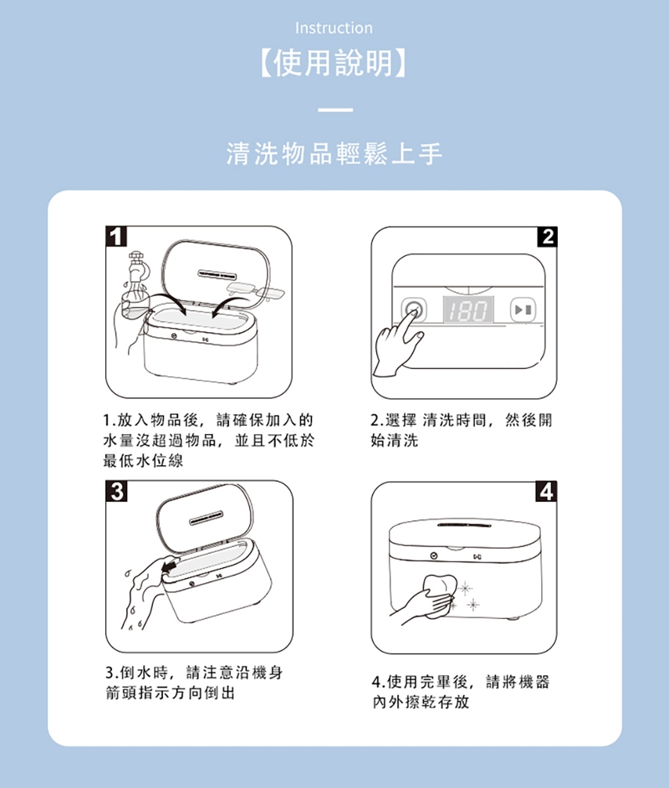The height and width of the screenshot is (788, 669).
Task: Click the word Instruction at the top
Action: (x=334, y=28)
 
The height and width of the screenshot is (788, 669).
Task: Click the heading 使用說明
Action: (x=334, y=64)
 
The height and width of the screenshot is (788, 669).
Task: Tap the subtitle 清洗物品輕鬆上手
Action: (x=334, y=154)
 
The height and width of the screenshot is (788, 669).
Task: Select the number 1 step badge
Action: (x=116, y=236)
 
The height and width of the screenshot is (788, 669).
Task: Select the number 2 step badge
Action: (x=547, y=236)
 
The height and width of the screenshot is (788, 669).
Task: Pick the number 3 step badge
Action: (x=116, y=491)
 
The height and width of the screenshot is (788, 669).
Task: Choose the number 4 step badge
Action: (x=546, y=492)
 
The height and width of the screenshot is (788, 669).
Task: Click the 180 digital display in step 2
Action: (x=468, y=310)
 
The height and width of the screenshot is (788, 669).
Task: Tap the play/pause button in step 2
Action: (x=523, y=310)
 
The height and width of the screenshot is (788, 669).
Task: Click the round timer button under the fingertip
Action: (x=414, y=309)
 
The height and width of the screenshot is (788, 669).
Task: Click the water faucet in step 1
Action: (x=135, y=266)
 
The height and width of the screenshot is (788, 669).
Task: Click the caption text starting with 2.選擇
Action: (x=461, y=430)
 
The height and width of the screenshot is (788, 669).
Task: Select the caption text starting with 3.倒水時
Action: (x=194, y=683)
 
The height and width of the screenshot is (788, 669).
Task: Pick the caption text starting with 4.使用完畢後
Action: (x=461, y=692)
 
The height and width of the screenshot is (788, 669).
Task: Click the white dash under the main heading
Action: (x=335, y=110)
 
